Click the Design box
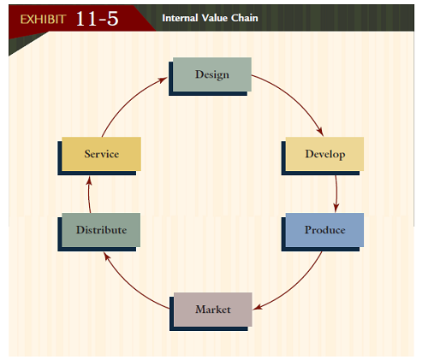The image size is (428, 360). [211, 74]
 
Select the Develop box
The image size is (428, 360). [324, 154]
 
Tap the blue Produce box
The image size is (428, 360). [324, 230]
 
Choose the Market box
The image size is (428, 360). [212, 309]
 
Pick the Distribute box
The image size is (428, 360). [100, 230]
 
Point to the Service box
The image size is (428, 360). [101, 154]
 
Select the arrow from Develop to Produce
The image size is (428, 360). [336, 193]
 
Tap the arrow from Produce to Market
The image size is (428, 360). [295, 283]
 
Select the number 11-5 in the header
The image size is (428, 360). [97, 18]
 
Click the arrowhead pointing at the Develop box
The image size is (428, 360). [320, 132]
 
